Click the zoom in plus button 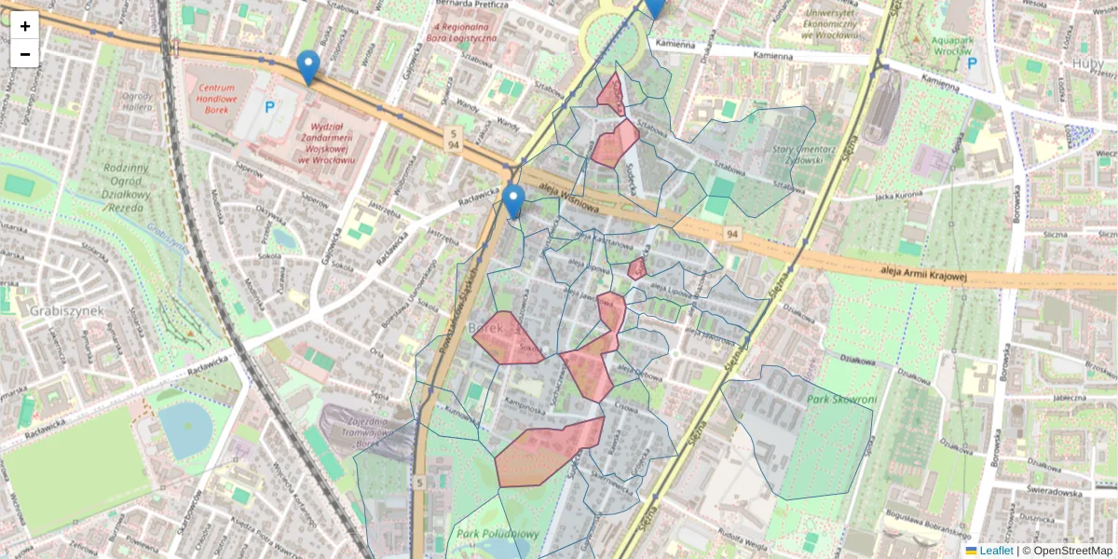click(x=25, y=26)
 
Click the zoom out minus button click(x=25, y=54)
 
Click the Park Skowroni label click(x=843, y=401)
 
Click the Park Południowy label click(x=498, y=534)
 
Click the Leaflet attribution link click(x=996, y=551)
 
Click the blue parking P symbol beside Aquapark click(x=973, y=63)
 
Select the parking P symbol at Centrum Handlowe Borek click(x=269, y=107)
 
